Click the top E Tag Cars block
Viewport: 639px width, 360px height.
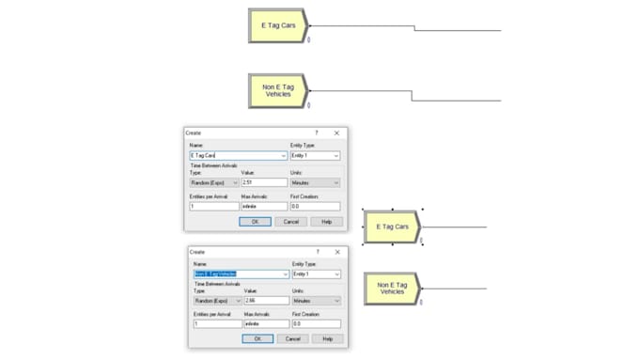coord(277,26)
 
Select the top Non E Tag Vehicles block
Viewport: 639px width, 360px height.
coord(277,90)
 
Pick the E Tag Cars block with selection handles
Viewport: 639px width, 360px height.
coord(392,227)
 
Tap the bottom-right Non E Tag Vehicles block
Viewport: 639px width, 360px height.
coord(392,289)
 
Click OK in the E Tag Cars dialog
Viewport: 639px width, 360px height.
coord(255,221)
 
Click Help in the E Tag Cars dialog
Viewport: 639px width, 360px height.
coord(327,221)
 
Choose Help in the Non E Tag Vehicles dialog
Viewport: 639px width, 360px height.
coord(327,338)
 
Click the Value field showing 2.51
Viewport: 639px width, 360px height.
coord(263,182)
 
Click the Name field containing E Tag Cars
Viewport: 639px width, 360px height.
coord(238,156)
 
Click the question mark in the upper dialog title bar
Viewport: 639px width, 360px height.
coord(317,133)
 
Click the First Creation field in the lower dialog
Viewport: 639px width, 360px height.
coord(316,324)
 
